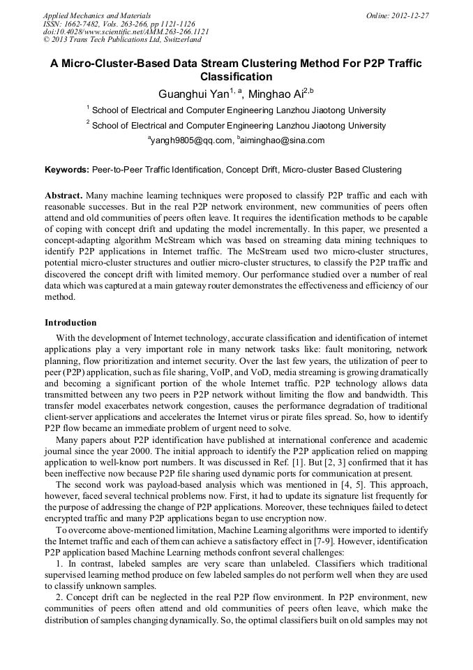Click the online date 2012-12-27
[x=410, y=15]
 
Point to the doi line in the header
[x=126, y=31]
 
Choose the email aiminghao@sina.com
[x=283, y=140]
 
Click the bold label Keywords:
[x=67, y=170]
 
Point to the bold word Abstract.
[x=63, y=196]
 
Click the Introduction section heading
[x=70, y=323]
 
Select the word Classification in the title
[x=236, y=77]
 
